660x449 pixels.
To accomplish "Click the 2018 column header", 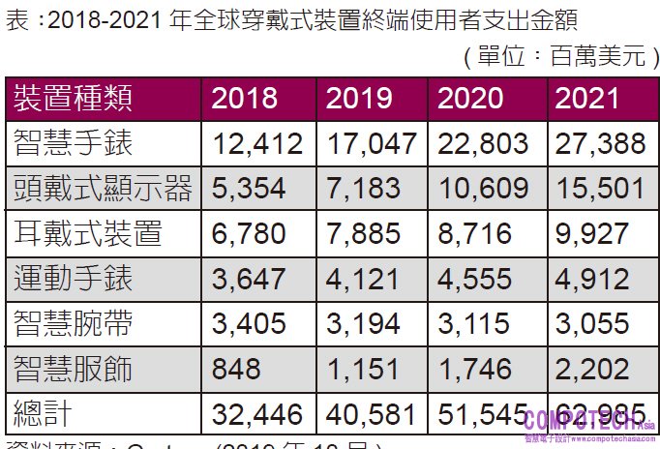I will pyautogui.click(x=244, y=98).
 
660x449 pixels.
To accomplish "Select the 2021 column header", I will pyautogui.click(x=587, y=98).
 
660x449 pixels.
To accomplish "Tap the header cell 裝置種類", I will pyautogui.click(x=75, y=98).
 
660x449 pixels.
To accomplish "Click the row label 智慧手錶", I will pyautogui.click(x=75, y=143).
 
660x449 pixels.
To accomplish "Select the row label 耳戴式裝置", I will pyautogui.click(x=88, y=233).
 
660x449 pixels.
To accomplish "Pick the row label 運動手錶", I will pyautogui.click(x=75, y=279).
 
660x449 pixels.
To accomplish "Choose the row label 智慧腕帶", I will pyautogui.click(x=75, y=323).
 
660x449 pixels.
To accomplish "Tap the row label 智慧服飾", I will pyautogui.click(x=75, y=369).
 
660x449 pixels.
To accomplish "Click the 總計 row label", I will pyautogui.click(x=45, y=413).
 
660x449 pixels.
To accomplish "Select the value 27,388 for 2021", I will pyautogui.click(x=600, y=143).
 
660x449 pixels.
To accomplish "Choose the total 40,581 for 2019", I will pyautogui.click(x=372, y=413).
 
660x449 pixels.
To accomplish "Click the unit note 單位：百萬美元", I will pyautogui.click(x=560, y=55).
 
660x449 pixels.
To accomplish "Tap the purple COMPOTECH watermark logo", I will pyautogui.click(x=588, y=422).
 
